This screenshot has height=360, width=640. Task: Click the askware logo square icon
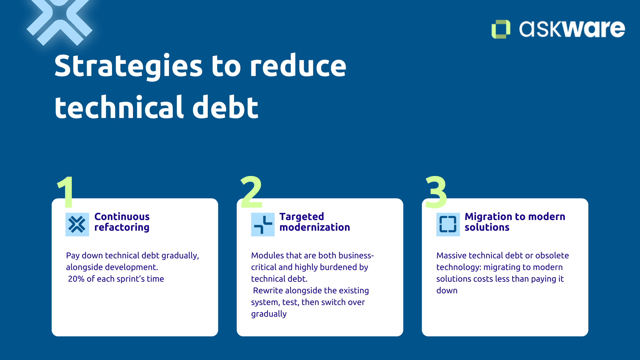click(x=500, y=29)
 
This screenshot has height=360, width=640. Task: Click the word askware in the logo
click(x=572, y=29)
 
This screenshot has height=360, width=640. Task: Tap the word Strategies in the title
click(x=128, y=66)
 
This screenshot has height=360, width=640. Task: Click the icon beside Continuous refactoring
click(x=77, y=224)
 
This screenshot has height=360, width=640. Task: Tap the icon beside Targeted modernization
click(x=263, y=224)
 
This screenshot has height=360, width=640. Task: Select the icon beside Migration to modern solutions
click(x=448, y=224)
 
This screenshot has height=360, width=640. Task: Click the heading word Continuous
click(x=122, y=217)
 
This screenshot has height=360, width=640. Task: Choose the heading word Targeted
click(x=302, y=217)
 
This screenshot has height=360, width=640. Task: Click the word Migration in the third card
click(x=487, y=217)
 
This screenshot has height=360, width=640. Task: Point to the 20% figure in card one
click(x=76, y=279)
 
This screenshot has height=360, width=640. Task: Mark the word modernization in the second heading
click(x=315, y=227)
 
